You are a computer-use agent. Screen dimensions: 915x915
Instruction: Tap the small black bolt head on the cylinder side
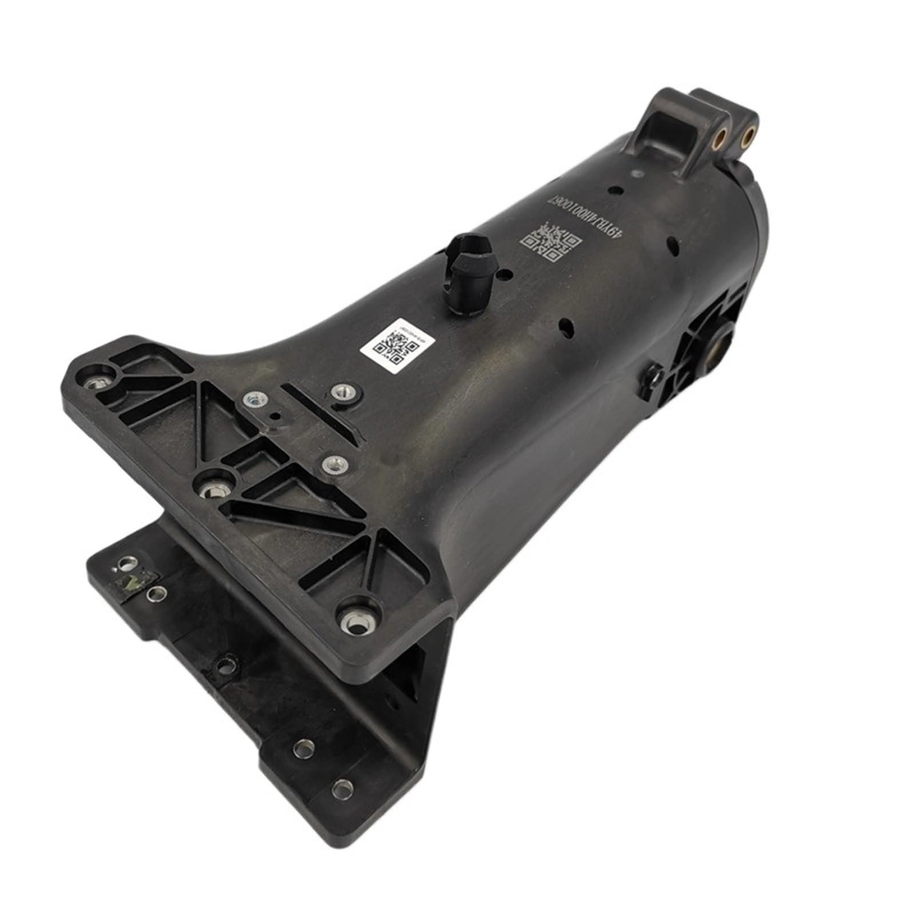click(653, 376)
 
